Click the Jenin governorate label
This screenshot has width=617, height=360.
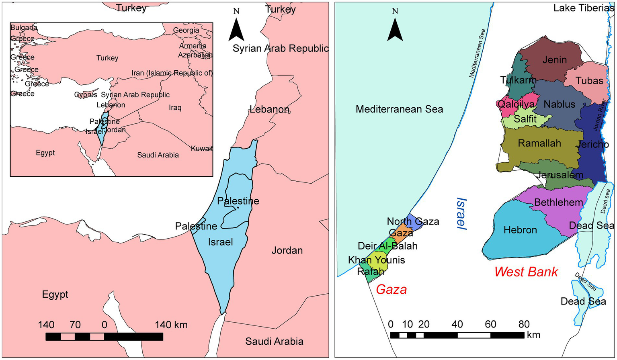[x=554, y=60]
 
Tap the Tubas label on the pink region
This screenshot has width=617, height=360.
[x=589, y=81]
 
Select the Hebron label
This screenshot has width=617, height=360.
[x=520, y=230]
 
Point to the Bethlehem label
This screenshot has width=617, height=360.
[x=558, y=202]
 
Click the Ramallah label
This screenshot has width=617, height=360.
[x=539, y=143]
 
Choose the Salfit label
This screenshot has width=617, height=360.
[x=525, y=119]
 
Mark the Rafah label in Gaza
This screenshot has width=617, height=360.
[x=371, y=272]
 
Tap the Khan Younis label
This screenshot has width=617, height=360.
[x=376, y=260]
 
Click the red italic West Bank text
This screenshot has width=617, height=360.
[x=526, y=272]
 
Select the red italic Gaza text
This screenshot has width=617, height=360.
[x=391, y=289]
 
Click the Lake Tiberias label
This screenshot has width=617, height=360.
[x=584, y=8]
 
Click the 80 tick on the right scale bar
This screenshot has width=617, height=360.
[x=524, y=324]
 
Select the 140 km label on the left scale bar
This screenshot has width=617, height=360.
[x=171, y=325]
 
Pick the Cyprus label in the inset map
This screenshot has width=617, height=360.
[x=86, y=95]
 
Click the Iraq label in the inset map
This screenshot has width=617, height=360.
[x=175, y=108]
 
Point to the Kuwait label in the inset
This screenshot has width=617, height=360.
[x=202, y=149]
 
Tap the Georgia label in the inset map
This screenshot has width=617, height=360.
[x=186, y=30]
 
